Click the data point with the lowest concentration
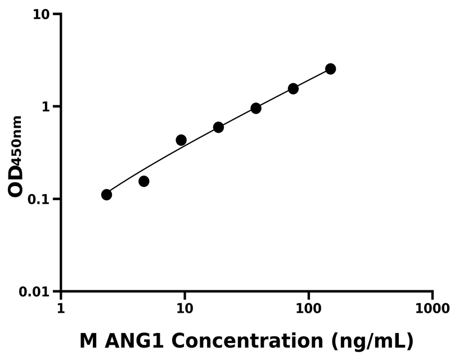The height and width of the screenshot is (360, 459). (x=106, y=195)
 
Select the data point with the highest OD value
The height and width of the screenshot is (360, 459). (x=330, y=69)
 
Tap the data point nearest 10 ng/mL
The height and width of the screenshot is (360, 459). (x=181, y=140)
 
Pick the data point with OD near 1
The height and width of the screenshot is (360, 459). (x=256, y=108)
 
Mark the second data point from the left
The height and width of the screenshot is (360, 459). (x=144, y=181)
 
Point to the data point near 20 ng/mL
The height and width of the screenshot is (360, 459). (x=218, y=127)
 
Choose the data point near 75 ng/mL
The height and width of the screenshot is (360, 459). (x=293, y=89)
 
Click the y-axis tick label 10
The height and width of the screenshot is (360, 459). (x=41, y=14)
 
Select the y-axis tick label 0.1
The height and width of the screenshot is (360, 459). (x=38, y=200)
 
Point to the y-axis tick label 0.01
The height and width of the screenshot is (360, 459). (x=34, y=292)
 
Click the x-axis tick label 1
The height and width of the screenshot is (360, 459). (x=61, y=309)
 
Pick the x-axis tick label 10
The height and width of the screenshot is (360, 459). (x=184, y=309)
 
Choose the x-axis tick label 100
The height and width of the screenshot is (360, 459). (x=308, y=309)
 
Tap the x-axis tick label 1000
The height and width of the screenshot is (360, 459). (x=432, y=309)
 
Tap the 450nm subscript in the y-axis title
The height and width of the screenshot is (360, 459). (x=17, y=138)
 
